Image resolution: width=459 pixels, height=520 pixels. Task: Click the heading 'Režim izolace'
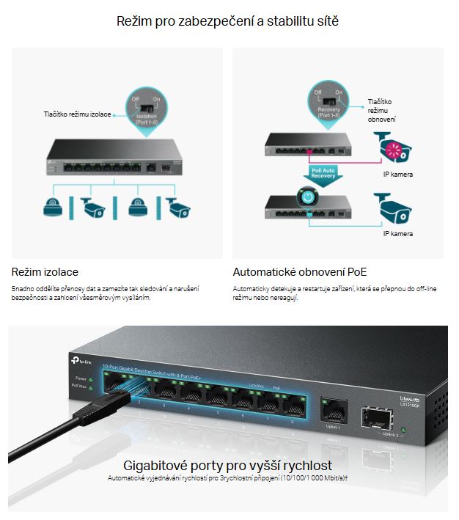[x=45, y=272]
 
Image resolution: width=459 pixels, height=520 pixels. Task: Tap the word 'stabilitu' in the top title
[x=276, y=22]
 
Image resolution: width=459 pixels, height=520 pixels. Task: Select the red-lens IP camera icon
[x=397, y=147]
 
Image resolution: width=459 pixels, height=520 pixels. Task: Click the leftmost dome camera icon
[x=53, y=206]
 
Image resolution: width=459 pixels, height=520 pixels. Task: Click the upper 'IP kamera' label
[x=398, y=175]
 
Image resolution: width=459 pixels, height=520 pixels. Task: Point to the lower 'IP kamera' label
[x=398, y=234]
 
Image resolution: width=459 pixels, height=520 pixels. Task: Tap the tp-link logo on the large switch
[x=79, y=359]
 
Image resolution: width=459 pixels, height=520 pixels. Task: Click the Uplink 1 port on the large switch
[x=333, y=407]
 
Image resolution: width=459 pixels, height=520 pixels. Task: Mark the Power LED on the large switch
[x=90, y=379]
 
